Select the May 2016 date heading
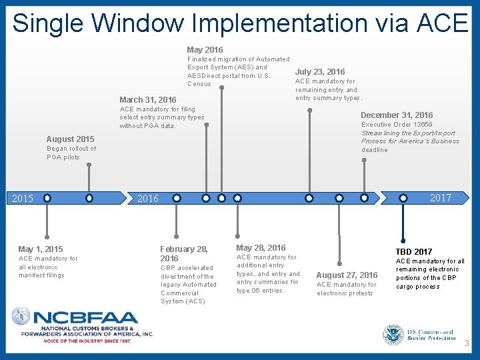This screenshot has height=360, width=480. (x=205, y=50)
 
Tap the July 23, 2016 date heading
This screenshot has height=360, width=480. (x=320, y=72)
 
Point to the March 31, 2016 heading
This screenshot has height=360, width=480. (x=148, y=100)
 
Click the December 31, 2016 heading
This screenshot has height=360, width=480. (x=397, y=115)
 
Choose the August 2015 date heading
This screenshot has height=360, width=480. (x=70, y=139)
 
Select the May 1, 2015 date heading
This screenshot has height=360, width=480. (x=41, y=249)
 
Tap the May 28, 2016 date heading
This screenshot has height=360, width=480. (x=261, y=248)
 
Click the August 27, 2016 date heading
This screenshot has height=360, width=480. (x=347, y=275)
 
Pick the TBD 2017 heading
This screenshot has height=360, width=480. (x=413, y=252)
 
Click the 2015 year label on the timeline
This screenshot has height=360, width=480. (x=23, y=198)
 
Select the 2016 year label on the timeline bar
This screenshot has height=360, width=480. (x=147, y=198)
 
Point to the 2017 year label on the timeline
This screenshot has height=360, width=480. (x=440, y=198)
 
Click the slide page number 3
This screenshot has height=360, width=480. (x=467, y=344)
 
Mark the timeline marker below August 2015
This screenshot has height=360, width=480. (x=89, y=198)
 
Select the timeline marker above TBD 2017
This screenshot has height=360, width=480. (x=403, y=198)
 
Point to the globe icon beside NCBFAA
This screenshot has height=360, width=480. (x=21, y=316)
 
